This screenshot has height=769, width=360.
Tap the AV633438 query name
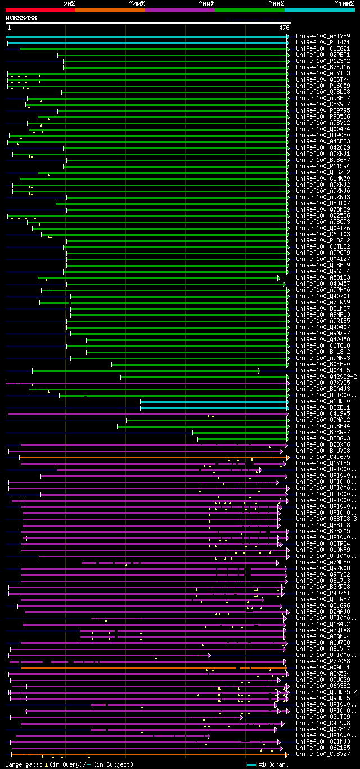(x=21, y=18)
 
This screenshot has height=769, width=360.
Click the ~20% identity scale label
(x=69, y=4)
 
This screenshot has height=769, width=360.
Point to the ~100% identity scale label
(x=343, y=4)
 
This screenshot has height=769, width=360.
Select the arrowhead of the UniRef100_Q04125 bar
(x=259, y=371)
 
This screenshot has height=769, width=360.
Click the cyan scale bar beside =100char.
(x=251, y=764)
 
